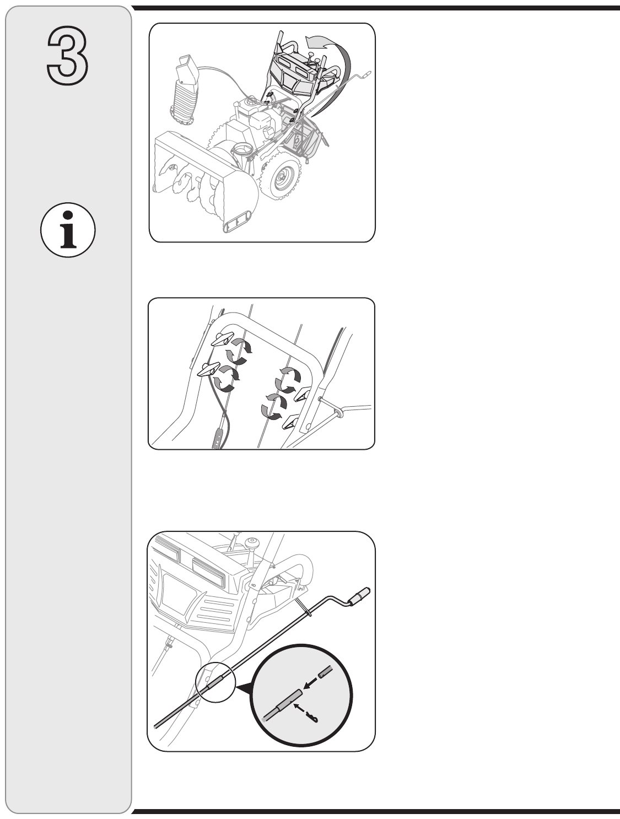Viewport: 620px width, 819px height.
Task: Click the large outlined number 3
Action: (68, 55)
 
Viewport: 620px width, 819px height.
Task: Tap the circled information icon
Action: (68, 230)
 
